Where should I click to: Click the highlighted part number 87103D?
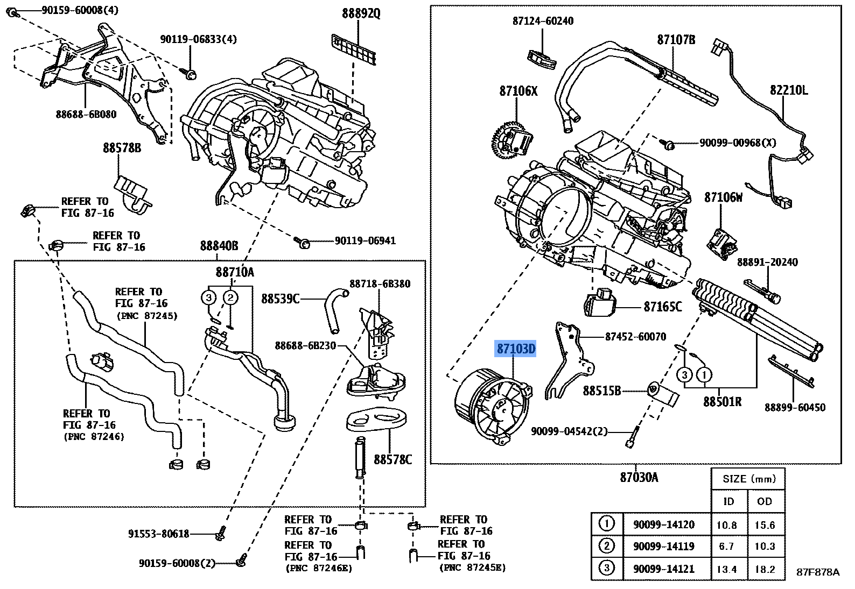(515, 350)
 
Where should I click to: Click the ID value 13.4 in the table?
(727, 569)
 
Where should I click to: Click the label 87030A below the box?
(639, 477)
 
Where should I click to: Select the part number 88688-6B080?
(86, 114)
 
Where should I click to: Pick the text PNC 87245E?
(472, 568)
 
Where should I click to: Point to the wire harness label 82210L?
(788, 90)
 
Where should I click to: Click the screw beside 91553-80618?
(220, 535)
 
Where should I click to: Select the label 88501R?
(722, 401)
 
